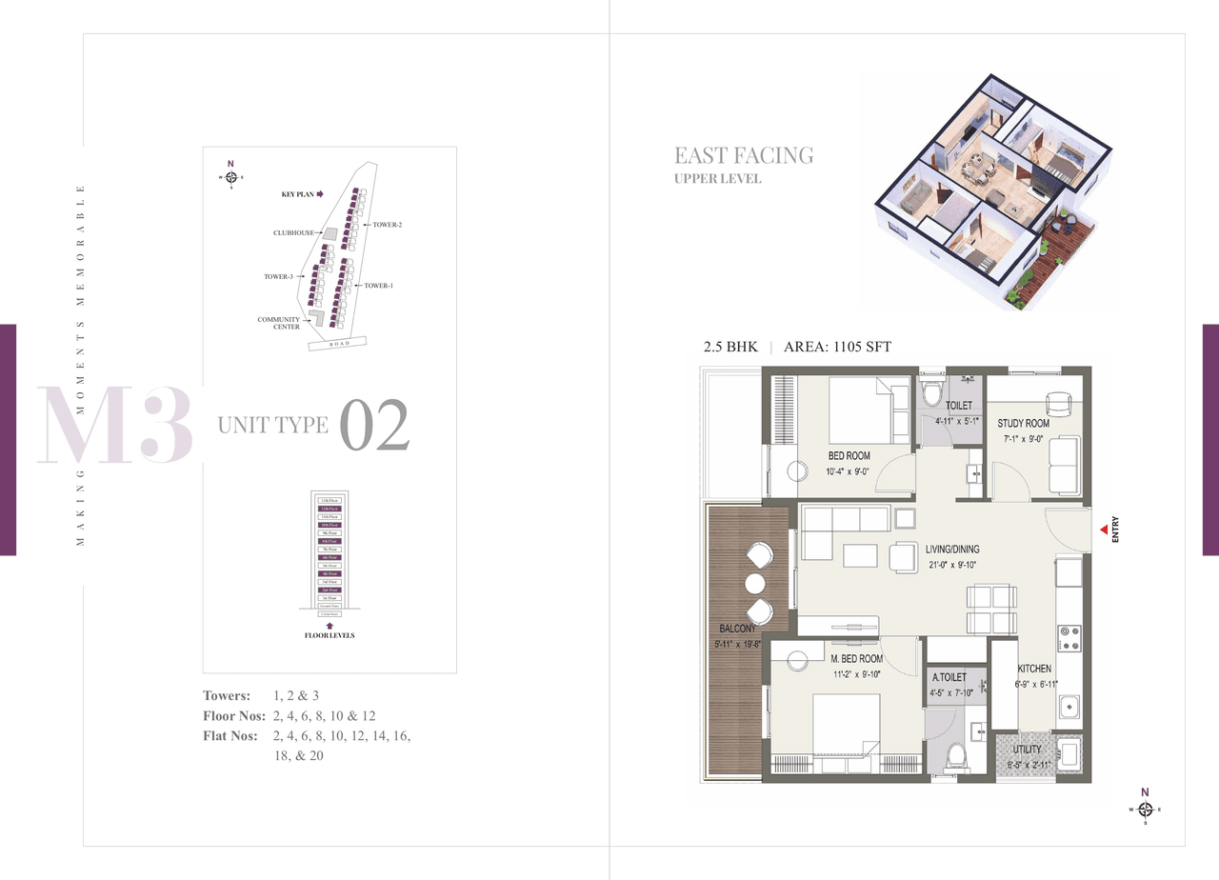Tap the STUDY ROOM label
[1023, 423]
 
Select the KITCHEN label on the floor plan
[1034, 670]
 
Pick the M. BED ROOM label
[856, 659]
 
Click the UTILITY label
[1028, 750]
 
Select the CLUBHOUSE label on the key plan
[292, 232]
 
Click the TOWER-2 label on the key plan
[388, 225]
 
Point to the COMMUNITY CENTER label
[279, 324]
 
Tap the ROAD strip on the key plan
[340, 344]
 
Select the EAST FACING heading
[744, 155]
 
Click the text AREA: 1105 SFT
[837, 348]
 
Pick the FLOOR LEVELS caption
[329, 635]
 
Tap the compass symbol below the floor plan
[1145, 809]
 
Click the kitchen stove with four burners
[1069, 637]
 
